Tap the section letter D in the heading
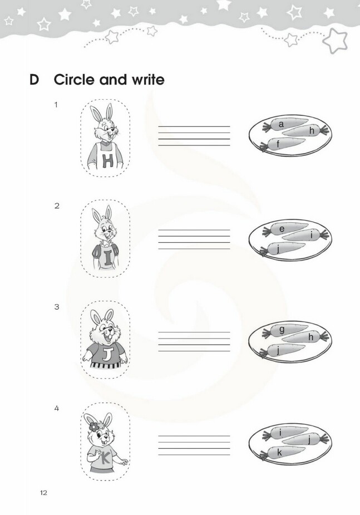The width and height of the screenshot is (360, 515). tap(34, 80)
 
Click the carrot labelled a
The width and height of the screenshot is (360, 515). tap(285, 125)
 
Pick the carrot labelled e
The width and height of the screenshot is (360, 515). tap(285, 229)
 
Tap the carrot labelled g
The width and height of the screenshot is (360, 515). tap(285, 330)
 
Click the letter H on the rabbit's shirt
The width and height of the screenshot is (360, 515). tap(107, 160)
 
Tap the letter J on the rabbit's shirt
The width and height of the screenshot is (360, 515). tap(107, 354)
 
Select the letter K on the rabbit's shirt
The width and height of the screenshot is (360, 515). tap(106, 458)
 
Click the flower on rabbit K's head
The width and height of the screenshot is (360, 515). tap(93, 427)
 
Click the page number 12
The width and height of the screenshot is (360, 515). tap(43, 493)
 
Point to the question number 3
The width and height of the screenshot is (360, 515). tap(57, 307)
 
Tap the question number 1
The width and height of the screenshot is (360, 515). tap(56, 105)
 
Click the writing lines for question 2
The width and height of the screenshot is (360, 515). tap(194, 239)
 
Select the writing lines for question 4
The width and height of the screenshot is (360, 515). tap(194, 445)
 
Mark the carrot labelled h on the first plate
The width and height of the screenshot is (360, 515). tap(306, 130)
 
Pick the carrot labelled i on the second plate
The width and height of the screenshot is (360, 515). tap(305, 235)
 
